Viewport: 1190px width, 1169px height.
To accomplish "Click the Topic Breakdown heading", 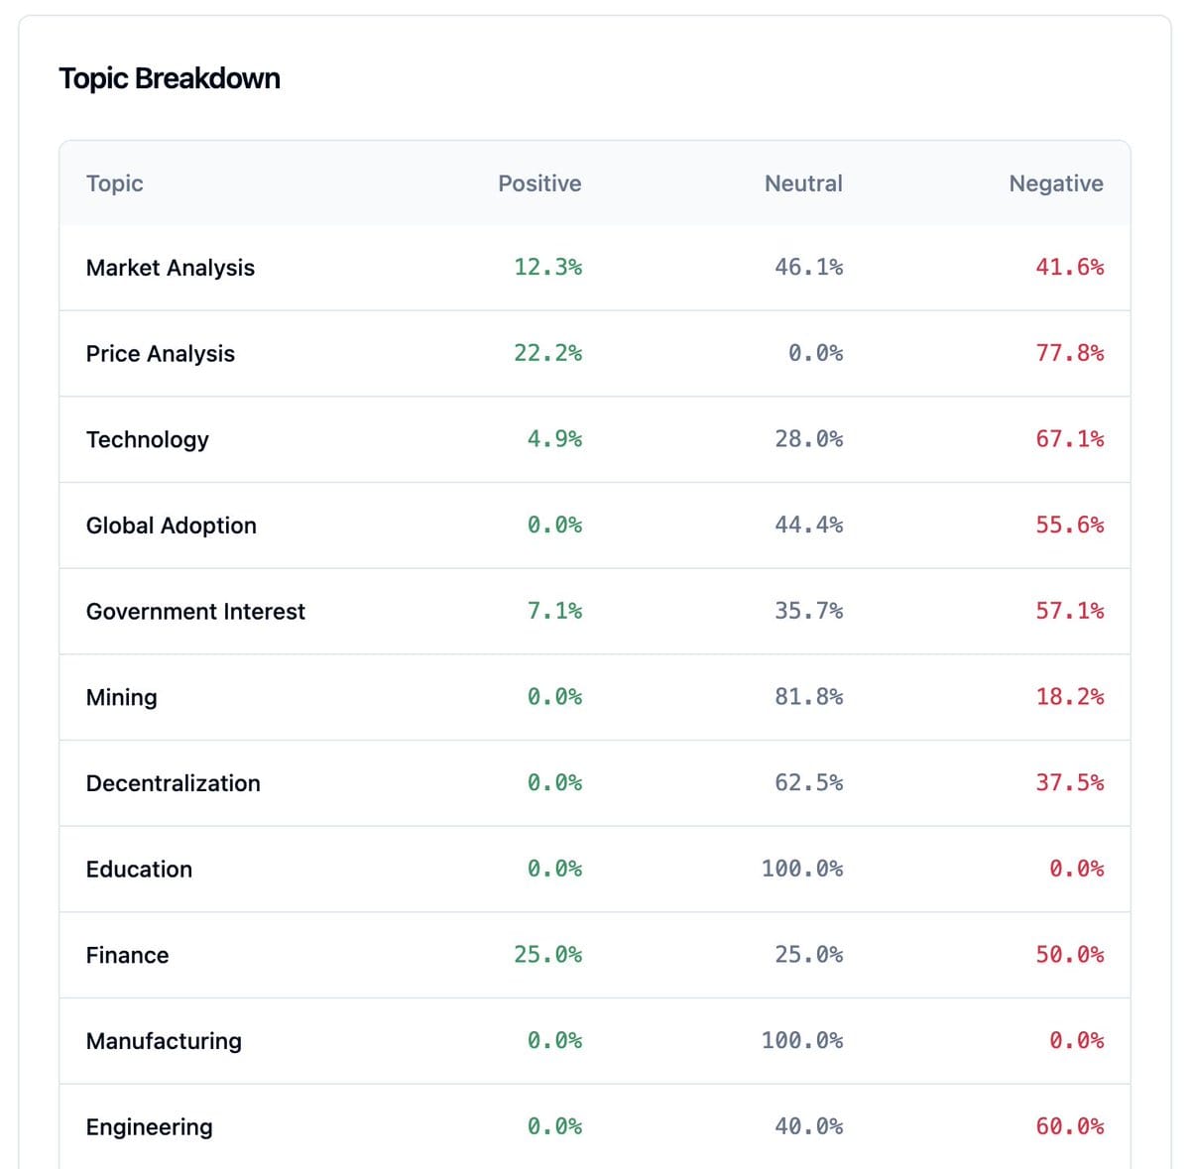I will (170, 78).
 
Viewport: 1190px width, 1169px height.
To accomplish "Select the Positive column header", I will (539, 183).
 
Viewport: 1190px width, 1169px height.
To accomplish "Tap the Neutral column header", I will (803, 183).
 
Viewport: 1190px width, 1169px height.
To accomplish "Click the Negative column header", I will (1056, 183).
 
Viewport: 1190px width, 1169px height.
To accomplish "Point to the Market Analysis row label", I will (171, 268).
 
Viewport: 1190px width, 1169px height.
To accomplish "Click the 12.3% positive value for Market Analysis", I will (547, 268).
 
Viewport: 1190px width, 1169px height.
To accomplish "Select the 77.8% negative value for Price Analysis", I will (1069, 353).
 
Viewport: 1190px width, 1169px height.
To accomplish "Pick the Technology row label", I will (148, 439).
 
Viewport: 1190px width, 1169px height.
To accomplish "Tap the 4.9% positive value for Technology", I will (554, 439).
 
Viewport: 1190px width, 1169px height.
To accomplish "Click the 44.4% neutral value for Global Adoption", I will (808, 525).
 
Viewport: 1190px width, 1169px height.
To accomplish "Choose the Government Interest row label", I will (195, 611).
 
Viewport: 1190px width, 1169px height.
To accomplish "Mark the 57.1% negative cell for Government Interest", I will (1069, 611).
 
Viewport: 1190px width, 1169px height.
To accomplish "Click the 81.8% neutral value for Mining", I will (808, 697).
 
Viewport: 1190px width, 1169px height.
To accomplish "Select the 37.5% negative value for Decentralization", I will (1069, 782).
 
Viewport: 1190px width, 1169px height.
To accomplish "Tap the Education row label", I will (139, 869).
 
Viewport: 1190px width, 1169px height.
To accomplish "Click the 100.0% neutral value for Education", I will (802, 869).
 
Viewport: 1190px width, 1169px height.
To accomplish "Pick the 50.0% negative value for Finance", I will (1069, 955).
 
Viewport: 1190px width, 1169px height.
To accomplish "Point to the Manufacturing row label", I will (164, 1041).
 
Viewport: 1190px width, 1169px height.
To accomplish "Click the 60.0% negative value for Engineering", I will (1069, 1126).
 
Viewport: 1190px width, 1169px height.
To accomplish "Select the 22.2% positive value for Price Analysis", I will (547, 353).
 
